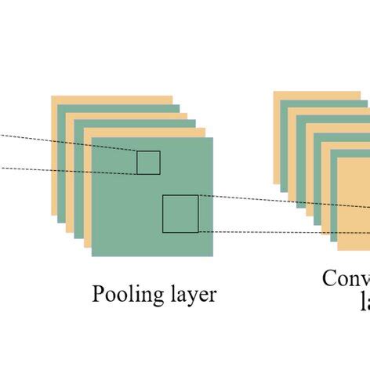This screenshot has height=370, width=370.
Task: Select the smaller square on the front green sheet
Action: click(x=148, y=162)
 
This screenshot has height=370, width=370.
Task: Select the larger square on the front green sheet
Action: click(x=180, y=214)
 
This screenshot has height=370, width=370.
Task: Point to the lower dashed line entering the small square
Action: click(x=63, y=169)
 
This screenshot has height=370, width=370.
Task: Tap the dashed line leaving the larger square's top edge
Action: click(x=251, y=199)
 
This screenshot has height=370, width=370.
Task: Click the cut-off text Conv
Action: click(x=346, y=279)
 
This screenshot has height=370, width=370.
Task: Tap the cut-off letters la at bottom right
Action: click(x=365, y=303)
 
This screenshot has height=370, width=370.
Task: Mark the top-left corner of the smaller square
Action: click(x=137, y=151)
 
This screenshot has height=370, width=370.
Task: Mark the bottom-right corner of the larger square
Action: click(x=198, y=233)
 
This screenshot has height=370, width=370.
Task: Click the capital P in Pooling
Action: click(x=99, y=294)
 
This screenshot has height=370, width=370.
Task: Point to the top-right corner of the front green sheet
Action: click(x=212, y=137)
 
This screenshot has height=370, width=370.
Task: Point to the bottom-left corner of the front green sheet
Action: click(x=92, y=256)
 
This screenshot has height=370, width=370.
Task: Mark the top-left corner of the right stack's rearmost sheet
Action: click(x=274, y=91)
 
